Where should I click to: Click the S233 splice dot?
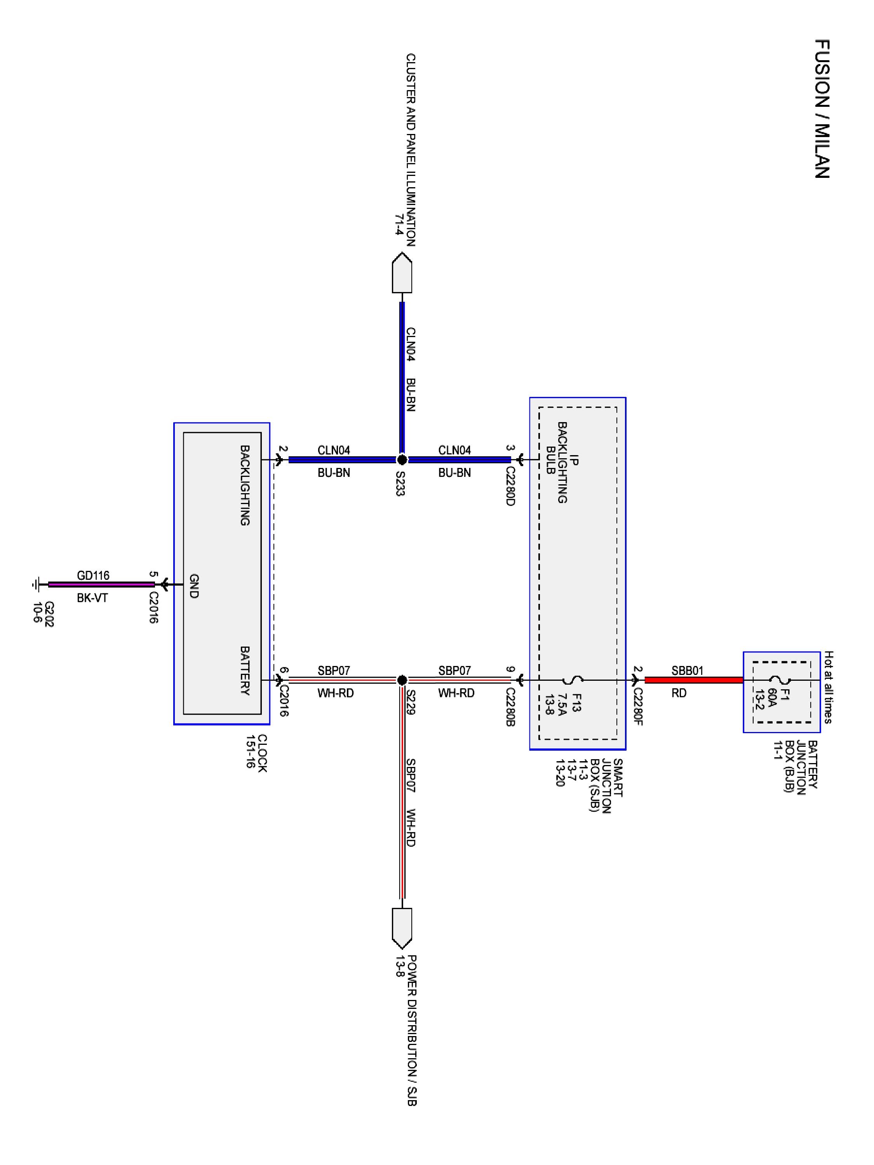(402, 460)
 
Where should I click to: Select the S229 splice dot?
(402, 680)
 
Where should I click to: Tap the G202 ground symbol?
(35, 584)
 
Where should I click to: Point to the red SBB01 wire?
(693, 680)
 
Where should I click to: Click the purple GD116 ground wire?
(100, 584)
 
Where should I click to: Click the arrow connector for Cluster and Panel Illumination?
(402, 273)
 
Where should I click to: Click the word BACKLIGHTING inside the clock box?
(245, 485)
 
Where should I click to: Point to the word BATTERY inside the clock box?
(245, 670)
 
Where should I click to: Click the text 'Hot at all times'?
(828, 687)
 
